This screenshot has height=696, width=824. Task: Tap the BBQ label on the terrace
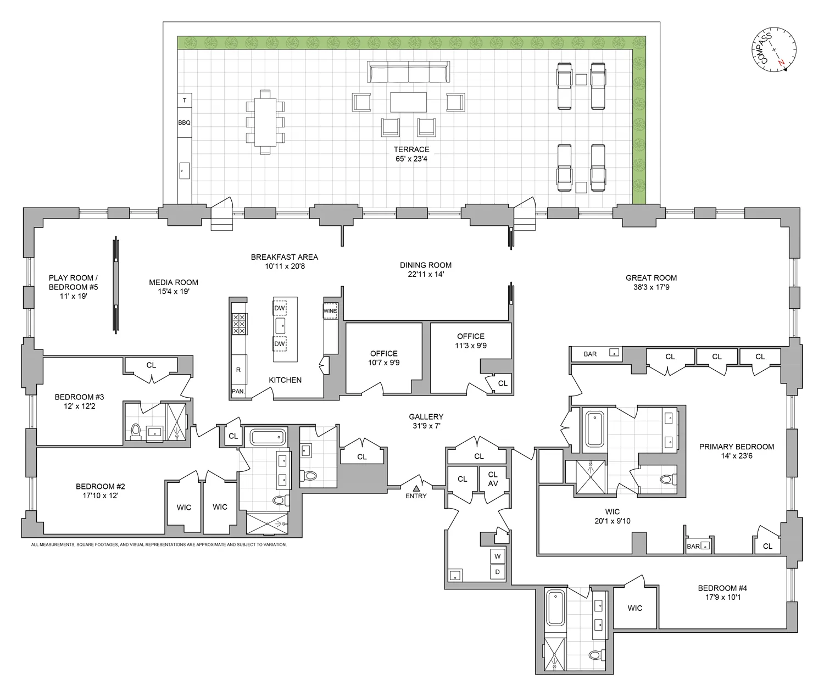pos(184,123)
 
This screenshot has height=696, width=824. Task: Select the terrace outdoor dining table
pos(265,123)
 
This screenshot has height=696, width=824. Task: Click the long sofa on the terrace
pos(408,72)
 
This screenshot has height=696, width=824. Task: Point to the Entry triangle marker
pos(416,487)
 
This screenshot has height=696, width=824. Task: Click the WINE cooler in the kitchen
pos(330,311)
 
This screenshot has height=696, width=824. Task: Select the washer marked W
pos(498,556)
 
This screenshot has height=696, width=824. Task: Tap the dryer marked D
pos(498,572)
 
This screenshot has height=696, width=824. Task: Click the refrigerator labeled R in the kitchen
pos(238,370)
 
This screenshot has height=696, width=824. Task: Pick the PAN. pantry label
pos(238,392)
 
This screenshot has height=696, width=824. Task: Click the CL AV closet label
pos(493,478)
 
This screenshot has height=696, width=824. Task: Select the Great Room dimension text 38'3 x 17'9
pos(651,287)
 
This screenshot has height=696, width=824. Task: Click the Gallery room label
pos(426,417)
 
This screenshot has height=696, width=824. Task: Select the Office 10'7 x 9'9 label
pos(383,358)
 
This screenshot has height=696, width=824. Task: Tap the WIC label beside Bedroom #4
pos(635,608)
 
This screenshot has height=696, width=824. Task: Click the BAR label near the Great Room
pos(590,354)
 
